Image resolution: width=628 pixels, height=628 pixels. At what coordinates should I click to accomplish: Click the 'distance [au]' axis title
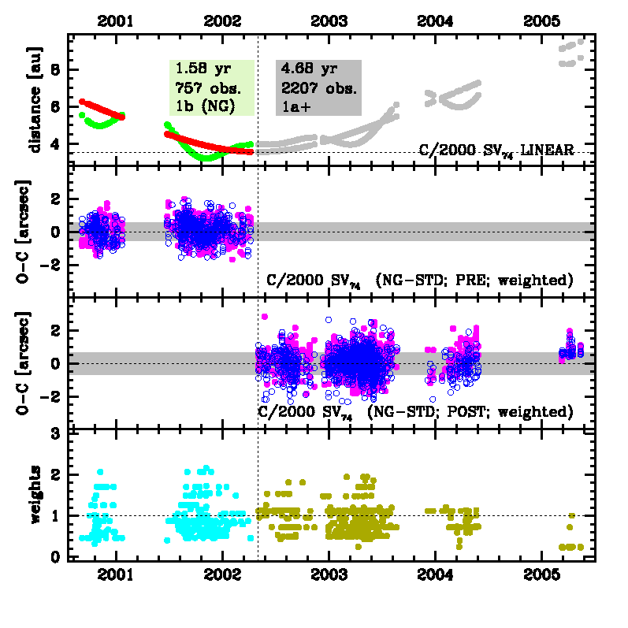coord(34,98)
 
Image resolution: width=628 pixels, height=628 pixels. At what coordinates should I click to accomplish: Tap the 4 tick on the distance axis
coord(56,144)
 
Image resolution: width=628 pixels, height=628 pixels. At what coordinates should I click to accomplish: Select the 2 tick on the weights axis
coord(56,475)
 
